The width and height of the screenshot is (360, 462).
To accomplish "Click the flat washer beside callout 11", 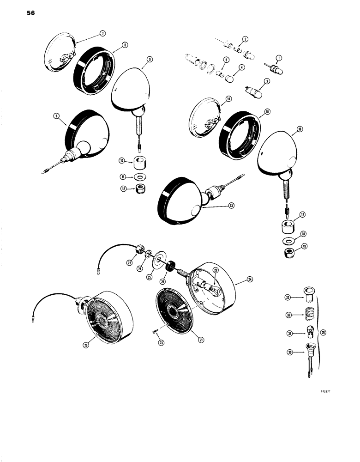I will tap(140, 177).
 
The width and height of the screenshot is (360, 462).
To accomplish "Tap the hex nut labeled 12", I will tap(140, 190).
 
